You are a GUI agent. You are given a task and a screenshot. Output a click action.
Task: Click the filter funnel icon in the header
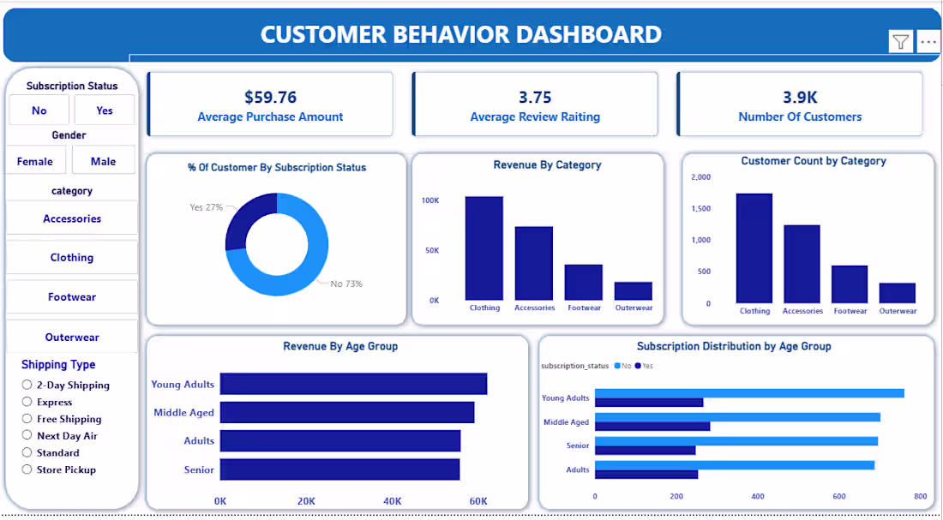click(x=900, y=41)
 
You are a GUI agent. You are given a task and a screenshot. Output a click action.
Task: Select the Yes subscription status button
click(x=105, y=111)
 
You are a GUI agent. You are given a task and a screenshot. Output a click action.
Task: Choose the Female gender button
click(x=35, y=161)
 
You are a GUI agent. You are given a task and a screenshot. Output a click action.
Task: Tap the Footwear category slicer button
click(x=72, y=297)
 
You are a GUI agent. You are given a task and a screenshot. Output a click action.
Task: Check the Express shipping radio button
click(x=27, y=402)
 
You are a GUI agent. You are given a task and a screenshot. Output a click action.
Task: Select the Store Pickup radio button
click(x=27, y=469)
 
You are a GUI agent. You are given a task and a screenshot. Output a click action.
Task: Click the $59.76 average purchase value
click(x=270, y=98)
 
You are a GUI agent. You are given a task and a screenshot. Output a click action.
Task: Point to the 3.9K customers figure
click(x=800, y=98)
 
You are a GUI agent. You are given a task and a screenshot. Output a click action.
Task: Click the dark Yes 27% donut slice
click(x=245, y=217)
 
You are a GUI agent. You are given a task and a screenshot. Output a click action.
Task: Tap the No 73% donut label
click(x=346, y=284)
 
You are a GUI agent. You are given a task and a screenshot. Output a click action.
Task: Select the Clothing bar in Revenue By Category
click(x=484, y=248)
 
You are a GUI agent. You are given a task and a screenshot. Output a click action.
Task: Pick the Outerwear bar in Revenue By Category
click(x=634, y=291)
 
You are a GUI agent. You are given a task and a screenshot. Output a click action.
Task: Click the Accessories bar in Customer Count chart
click(x=802, y=264)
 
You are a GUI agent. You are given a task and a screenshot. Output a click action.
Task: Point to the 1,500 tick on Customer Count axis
click(x=701, y=209)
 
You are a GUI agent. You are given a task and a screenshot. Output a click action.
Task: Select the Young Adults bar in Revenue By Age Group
click(x=353, y=384)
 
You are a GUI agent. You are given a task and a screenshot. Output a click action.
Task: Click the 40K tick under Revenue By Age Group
click(x=393, y=501)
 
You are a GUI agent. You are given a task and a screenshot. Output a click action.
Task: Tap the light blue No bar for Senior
click(x=736, y=440)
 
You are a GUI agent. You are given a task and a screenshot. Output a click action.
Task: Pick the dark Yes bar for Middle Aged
click(x=652, y=427)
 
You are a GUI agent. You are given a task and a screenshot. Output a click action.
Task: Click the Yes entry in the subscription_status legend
click(x=644, y=366)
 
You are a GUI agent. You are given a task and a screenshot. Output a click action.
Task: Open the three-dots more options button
click(x=928, y=41)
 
